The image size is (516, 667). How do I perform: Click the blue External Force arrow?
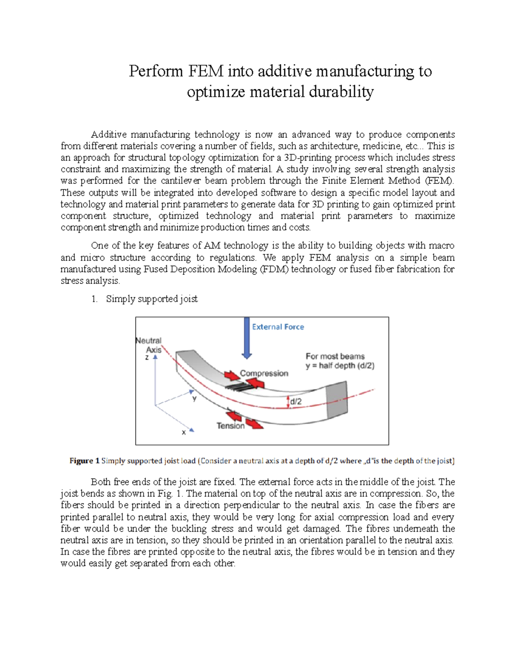click(x=246, y=338)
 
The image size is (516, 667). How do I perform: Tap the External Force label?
click(x=278, y=327)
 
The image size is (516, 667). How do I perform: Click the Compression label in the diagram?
click(x=264, y=373)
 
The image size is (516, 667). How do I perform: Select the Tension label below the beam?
click(x=230, y=426)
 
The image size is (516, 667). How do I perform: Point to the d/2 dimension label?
click(x=296, y=402)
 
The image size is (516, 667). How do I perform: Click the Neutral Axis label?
click(x=149, y=345)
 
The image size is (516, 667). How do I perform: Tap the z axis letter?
click(x=147, y=357)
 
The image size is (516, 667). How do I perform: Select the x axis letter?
click(x=184, y=432)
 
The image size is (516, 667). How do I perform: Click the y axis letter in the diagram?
click(x=194, y=398)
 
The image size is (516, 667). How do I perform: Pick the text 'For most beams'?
click(x=335, y=356)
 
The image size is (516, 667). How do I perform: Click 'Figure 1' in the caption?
click(x=84, y=461)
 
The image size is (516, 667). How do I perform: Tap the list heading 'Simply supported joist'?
click(x=152, y=299)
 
